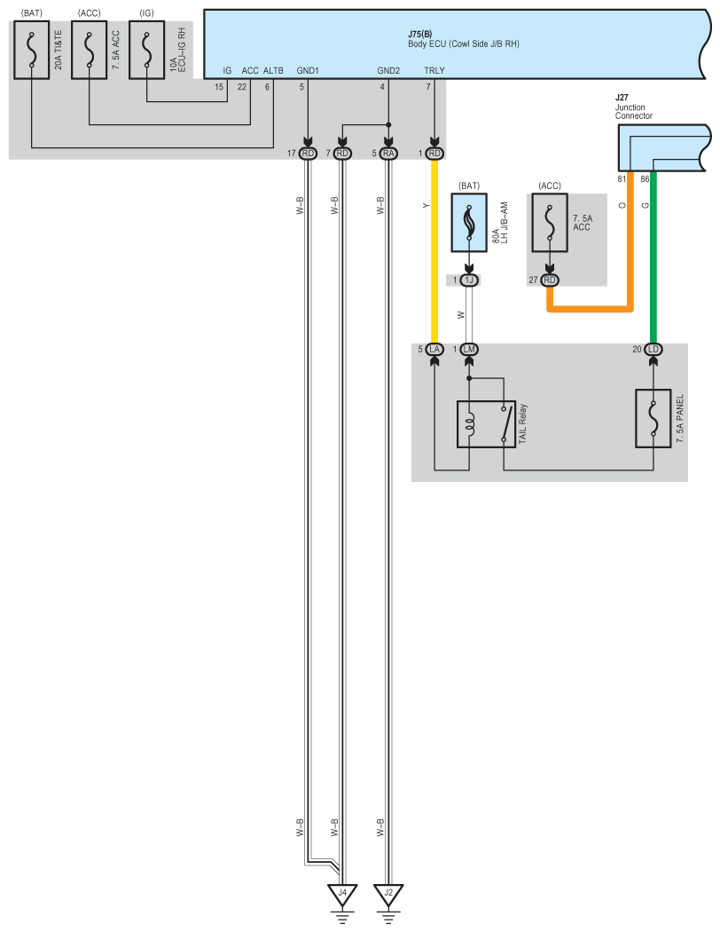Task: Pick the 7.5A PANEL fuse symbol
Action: point(654,417)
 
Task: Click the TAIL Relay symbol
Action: point(486,424)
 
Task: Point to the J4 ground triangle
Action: point(341,896)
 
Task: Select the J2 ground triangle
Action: point(387,896)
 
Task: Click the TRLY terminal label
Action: point(434,70)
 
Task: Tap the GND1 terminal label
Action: point(308,70)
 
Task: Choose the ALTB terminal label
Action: point(273,70)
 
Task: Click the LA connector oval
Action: point(434,349)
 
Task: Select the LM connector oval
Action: point(470,349)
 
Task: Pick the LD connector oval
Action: point(654,349)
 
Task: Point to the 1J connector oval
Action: point(470,280)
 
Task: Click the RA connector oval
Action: point(387,154)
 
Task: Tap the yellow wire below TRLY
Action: point(434,249)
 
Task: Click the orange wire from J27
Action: point(630,249)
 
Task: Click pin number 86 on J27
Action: point(646,179)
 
